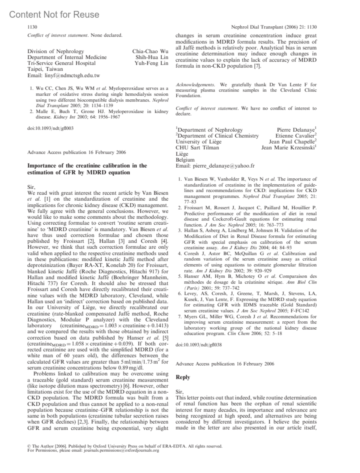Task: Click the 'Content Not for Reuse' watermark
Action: pyautogui.click(x=54, y=14)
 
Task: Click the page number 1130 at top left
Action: pyautogui.click(x=32, y=27)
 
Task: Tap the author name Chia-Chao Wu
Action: pyautogui.click(x=150, y=51)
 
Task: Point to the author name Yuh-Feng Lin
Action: pyautogui.click(x=151, y=63)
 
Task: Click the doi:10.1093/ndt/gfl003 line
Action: pyautogui.click(x=50, y=128)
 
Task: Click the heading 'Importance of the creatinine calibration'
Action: pyautogui.click(x=87, y=166)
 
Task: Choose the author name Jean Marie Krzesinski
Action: pyautogui.click(x=288, y=148)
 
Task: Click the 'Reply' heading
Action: pyautogui.click(x=183, y=377)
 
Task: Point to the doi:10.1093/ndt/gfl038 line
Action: pyautogui.click(x=199, y=345)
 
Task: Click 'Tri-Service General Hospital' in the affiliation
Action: pyautogui.click(x=61, y=63)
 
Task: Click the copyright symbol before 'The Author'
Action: pyautogui.click(x=29, y=446)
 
